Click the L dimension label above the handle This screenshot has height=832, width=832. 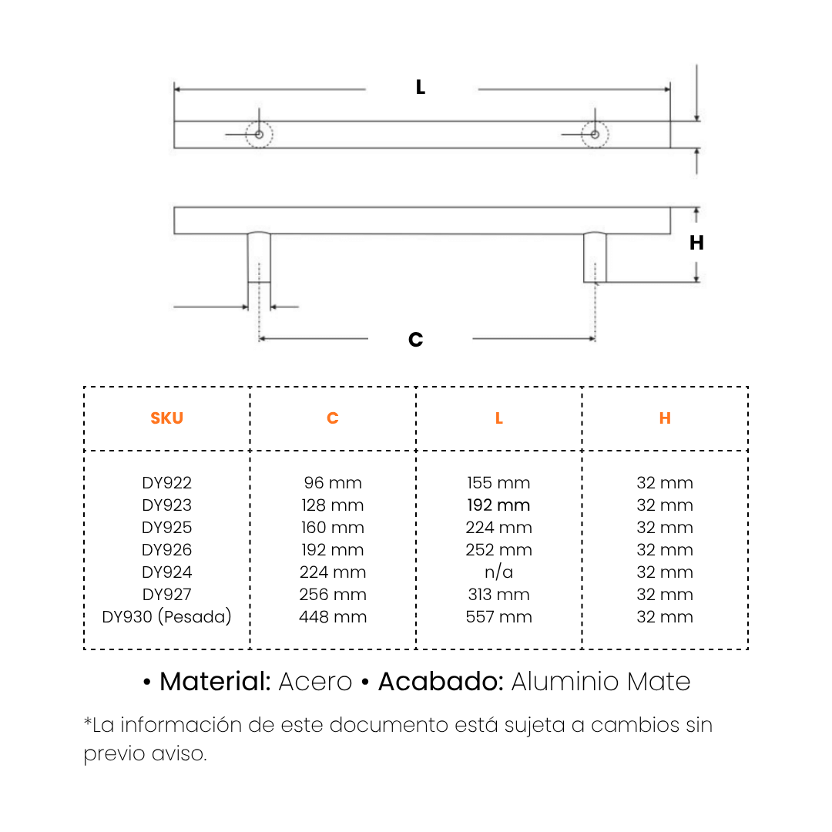[x=421, y=88]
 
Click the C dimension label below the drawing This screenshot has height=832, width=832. [x=416, y=340]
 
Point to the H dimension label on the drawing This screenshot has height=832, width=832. [x=696, y=243]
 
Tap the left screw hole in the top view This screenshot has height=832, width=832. [x=260, y=135]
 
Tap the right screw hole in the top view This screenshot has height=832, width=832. [x=595, y=135]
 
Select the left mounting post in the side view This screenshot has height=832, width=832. [x=259, y=257]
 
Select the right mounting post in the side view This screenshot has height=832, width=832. [x=595, y=257]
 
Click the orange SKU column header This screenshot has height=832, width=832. [x=166, y=418]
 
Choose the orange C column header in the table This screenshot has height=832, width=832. [x=333, y=418]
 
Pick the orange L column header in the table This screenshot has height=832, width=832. [x=499, y=418]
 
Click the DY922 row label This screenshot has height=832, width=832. [x=166, y=483]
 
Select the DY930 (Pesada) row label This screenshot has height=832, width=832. [x=166, y=617]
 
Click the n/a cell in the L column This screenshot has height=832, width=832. [x=499, y=572]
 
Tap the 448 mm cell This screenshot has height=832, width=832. [x=333, y=617]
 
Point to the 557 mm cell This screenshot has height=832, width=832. [x=499, y=617]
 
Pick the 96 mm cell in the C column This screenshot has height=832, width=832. [x=333, y=483]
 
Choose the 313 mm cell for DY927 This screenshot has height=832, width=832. [x=499, y=595]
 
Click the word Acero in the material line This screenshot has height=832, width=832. [x=315, y=682]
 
